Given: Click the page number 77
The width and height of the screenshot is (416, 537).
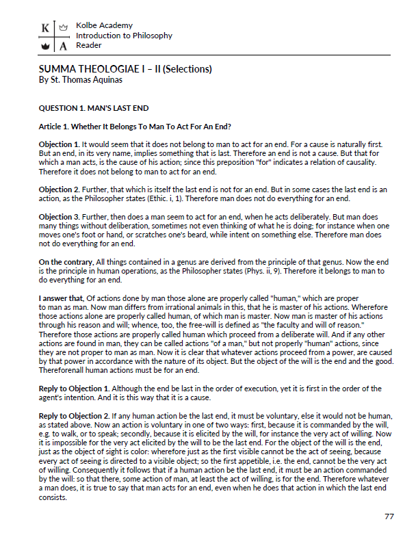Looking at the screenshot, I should pos(389,516).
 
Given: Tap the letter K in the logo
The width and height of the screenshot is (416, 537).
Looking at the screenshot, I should pos(44,29).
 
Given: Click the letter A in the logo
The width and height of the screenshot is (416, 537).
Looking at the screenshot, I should pos(64,47).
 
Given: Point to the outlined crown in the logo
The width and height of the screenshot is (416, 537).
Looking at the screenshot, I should pos(64,29).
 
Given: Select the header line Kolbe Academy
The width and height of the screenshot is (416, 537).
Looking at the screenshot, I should pos(105,25).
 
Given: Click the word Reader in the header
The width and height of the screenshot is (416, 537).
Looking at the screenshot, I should pos(89,45).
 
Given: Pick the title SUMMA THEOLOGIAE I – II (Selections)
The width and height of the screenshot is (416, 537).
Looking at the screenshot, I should pos(125,69).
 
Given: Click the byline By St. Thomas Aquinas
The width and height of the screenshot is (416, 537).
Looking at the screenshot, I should pos(79,81).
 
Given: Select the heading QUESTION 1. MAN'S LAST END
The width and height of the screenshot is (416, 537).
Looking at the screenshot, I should pos(94,108).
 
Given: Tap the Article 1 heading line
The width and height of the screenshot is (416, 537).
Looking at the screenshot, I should pos(135,127).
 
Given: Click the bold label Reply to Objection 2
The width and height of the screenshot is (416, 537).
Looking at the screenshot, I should pos(73,416).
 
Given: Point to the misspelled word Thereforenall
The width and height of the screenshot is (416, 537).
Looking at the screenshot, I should pos(67,370).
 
